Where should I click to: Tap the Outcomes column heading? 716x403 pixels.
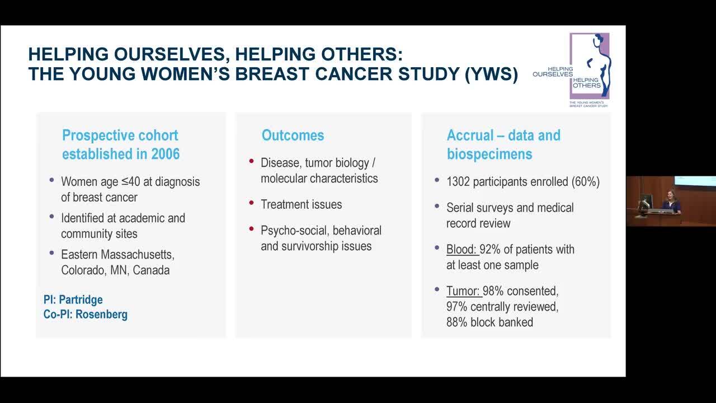[293, 135]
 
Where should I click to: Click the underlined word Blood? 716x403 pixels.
[461, 249]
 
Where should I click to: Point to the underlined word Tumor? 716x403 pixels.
[463, 290]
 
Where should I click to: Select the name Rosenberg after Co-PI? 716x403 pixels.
[101, 315]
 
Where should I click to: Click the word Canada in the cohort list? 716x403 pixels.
[151, 270]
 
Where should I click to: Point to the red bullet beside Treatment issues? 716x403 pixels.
[251, 203]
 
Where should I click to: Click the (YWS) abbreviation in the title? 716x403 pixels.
[491, 74]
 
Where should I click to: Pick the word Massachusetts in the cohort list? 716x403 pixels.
[138, 255]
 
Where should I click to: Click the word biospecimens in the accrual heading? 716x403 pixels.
[489, 154]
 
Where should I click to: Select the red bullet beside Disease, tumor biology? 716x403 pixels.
[251, 161]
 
